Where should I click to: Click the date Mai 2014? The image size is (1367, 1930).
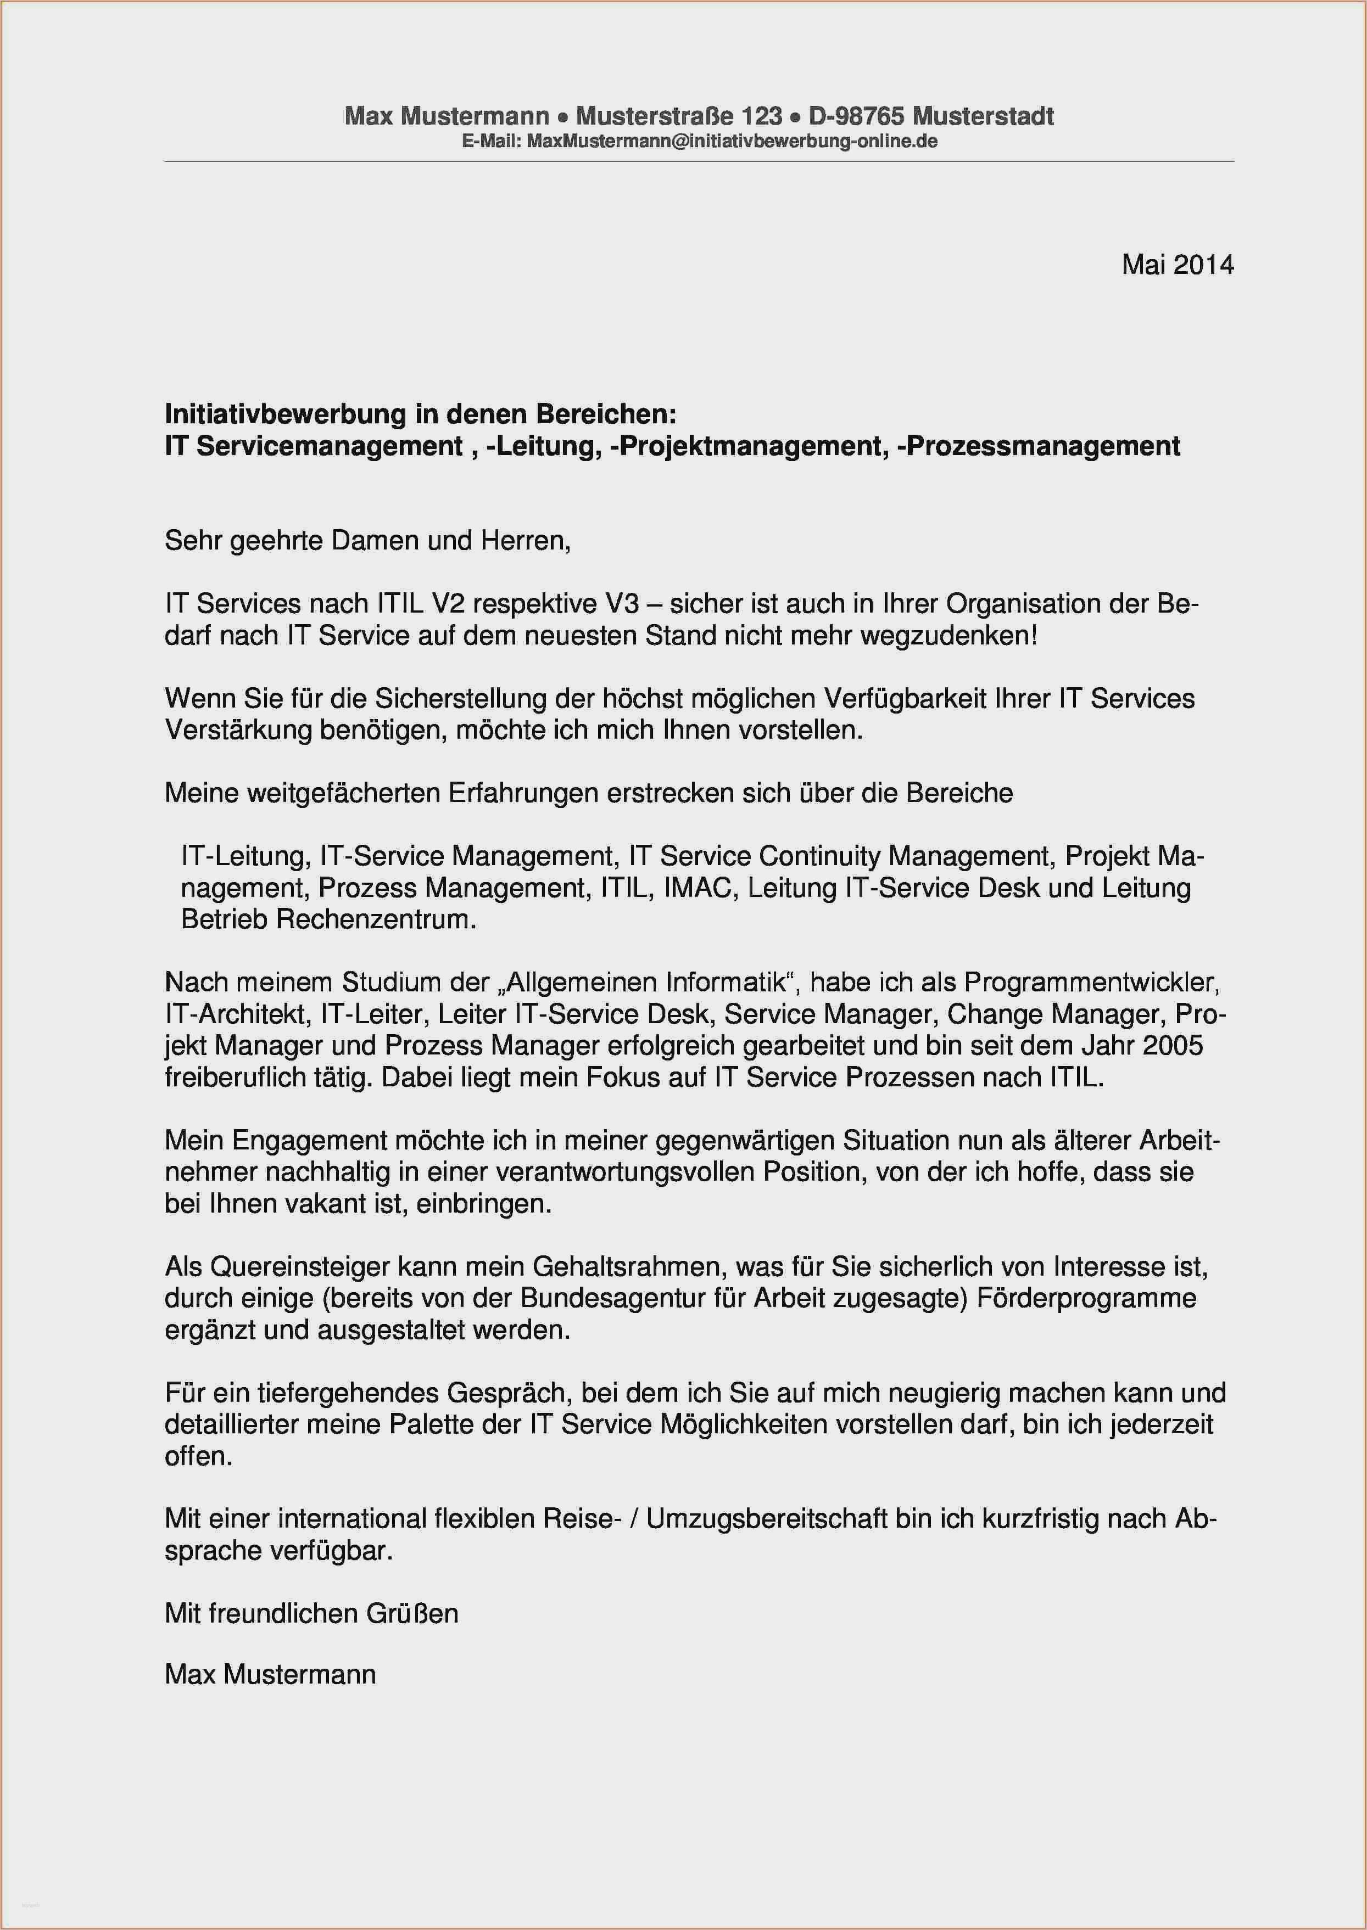1177,265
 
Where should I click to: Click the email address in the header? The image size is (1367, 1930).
732,141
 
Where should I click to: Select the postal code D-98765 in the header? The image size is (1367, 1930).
856,116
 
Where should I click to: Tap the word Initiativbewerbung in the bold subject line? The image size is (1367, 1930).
286,414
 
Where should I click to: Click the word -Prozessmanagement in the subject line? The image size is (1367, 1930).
1039,446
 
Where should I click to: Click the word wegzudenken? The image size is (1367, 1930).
948,635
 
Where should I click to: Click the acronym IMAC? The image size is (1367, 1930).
698,888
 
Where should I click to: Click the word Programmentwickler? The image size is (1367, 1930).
1092,982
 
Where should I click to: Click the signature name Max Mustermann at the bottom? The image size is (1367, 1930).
270,1674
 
